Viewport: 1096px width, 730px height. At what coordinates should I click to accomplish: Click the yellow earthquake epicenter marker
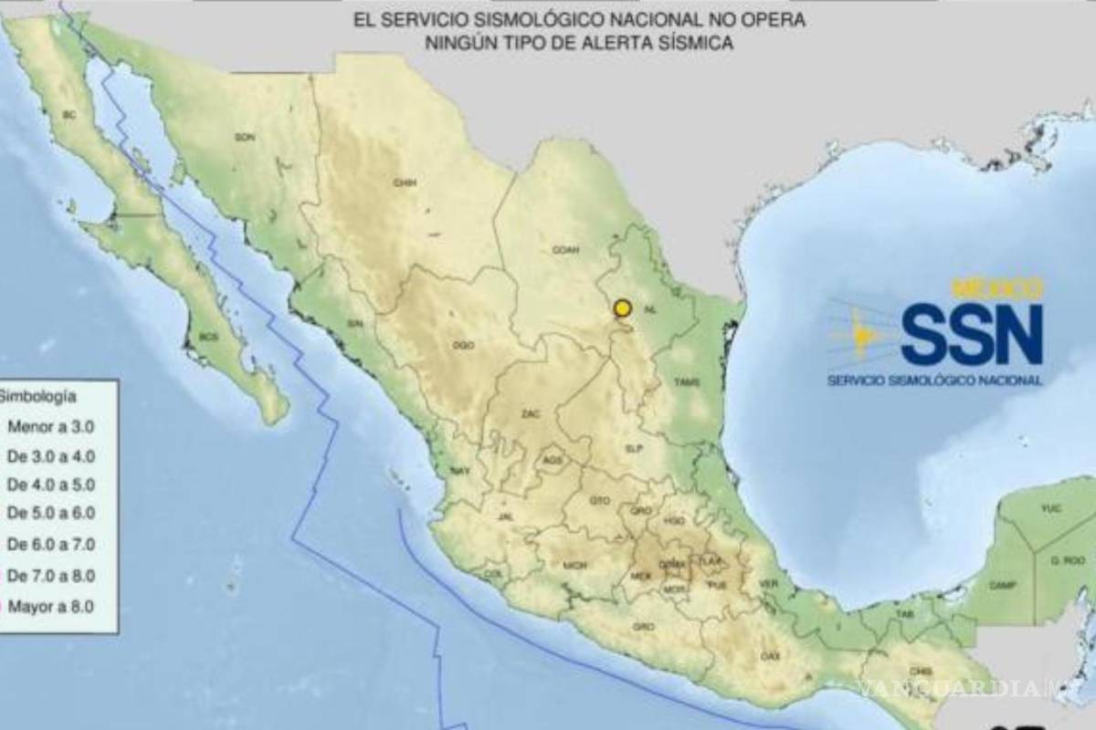click(623, 308)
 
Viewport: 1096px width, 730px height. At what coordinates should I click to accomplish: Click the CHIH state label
click(405, 182)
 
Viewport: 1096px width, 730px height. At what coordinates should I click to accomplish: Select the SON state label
click(244, 137)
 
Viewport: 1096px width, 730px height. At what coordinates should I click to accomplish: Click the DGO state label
click(463, 345)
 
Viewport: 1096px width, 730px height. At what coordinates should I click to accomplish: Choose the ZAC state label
click(530, 414)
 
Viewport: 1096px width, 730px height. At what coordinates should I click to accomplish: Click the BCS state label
click(209, 337)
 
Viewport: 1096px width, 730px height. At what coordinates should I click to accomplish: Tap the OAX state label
click(770, 655)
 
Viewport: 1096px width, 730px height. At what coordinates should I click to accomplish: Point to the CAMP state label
click(1003, 585)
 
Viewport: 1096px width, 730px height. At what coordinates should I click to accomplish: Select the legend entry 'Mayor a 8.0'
click(51, 606)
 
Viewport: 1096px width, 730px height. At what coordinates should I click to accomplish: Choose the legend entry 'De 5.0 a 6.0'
click(51, 515)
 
